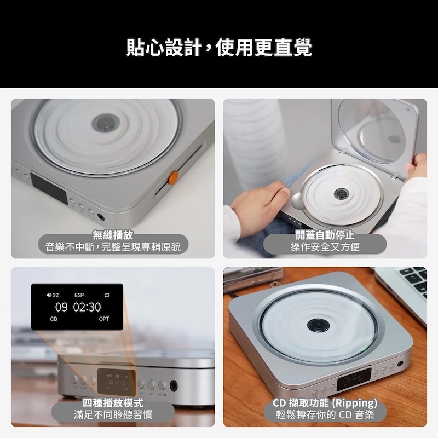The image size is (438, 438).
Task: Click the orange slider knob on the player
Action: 173,178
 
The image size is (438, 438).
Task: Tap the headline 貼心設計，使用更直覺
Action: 219,48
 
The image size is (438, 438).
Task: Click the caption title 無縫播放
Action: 113,235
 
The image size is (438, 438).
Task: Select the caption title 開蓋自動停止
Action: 325,235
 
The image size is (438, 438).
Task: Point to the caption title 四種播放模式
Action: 113,403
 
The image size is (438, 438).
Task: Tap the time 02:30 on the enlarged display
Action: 87,307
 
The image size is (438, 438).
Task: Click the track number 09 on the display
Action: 61,307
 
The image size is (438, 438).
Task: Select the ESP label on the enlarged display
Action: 79,295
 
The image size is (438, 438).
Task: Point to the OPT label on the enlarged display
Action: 104,319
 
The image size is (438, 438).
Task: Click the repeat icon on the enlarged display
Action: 107,295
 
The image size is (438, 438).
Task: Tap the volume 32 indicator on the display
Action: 53,295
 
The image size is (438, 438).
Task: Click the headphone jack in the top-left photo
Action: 101,217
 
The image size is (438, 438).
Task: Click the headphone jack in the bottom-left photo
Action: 174,386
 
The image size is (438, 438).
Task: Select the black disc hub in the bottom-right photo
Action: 319,325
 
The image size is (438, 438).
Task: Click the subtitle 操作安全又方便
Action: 325,247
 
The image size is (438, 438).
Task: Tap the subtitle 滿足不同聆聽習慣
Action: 113,414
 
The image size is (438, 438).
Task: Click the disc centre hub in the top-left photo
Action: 106,123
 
